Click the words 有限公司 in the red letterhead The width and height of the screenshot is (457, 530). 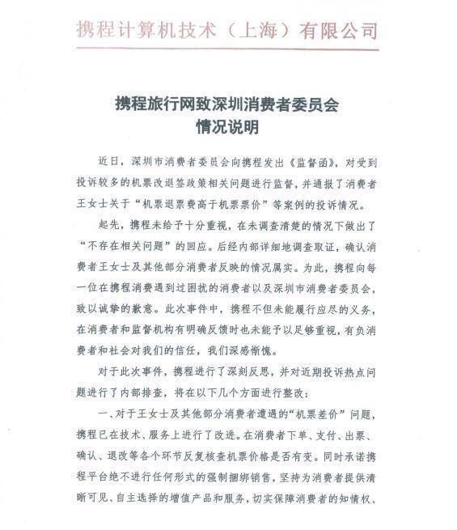click(x=339, y=31)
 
